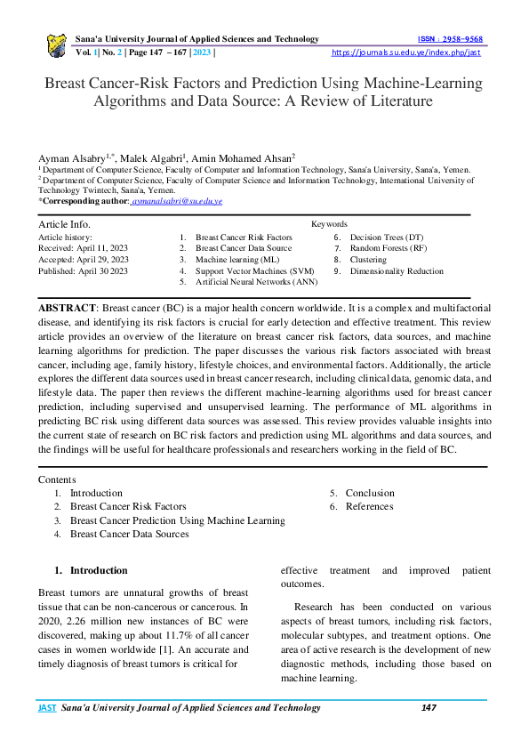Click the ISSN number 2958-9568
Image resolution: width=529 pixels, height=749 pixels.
coord(450,39)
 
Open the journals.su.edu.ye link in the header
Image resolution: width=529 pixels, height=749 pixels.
coord(405,52)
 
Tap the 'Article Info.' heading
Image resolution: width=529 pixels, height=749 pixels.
coord(64,224)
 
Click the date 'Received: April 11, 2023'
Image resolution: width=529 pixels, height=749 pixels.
coord(83,248)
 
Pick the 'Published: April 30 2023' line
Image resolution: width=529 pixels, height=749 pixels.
coord(83,270)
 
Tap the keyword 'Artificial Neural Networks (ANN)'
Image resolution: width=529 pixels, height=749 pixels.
coord(256,281)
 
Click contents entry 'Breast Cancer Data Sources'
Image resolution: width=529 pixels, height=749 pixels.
coord(129,534)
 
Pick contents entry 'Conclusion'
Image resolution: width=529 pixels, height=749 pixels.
coord(370,493)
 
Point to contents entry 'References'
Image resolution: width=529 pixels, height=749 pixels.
coord(369,506)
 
